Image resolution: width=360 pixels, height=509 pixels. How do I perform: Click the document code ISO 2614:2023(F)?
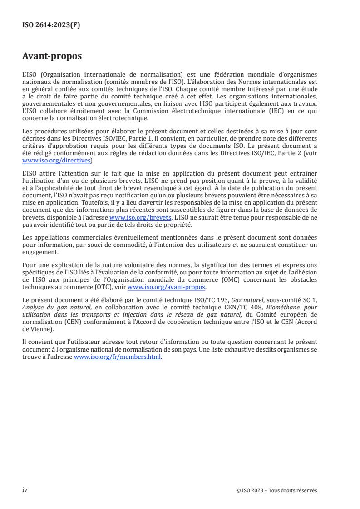click(51, 25)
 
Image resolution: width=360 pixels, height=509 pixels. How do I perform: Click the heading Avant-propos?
click(52, 56)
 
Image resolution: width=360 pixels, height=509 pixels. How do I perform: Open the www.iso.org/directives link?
click(56, 161)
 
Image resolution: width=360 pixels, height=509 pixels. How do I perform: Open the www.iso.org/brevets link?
click(140, 217)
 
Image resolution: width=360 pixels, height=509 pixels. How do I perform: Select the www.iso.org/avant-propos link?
click(167, 287)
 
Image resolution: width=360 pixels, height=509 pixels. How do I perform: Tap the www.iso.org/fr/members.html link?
click(117, 357)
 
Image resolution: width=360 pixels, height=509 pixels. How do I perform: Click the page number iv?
click(25, 490)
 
